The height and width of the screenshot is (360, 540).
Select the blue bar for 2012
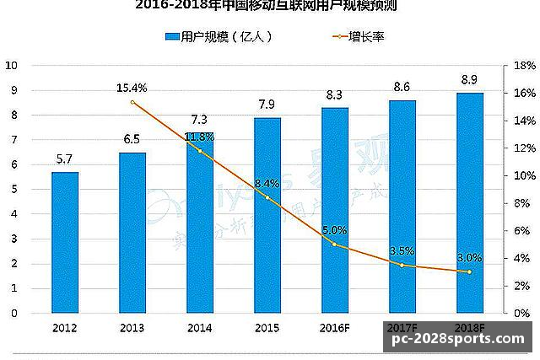coord(65,242)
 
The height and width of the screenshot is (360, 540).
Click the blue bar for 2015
coord(267,215)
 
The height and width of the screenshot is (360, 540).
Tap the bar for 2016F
coord(335,210)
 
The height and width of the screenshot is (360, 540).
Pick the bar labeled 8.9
coord(470,202)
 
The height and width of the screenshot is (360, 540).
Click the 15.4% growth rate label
coord(132,87)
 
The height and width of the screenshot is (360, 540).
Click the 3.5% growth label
coord(402,250)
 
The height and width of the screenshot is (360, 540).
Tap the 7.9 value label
coord(267,104)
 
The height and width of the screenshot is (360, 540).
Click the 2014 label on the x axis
coord(200,326)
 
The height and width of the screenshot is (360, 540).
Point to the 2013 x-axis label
coord(132,326)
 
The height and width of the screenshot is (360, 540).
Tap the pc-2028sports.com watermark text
coord(456,338)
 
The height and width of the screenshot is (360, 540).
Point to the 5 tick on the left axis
coord(13,189)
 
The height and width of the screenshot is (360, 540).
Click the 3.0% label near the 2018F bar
coord(468,257)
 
